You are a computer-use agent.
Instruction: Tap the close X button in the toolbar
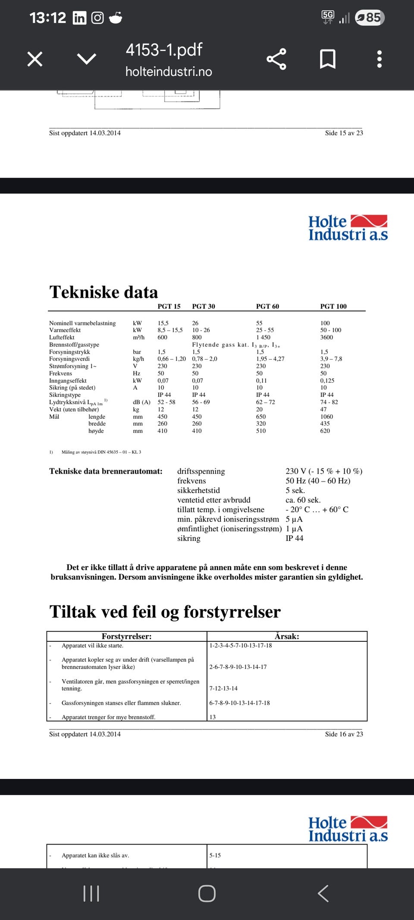coord(35,59)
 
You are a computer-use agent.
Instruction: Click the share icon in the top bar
coord(276,59)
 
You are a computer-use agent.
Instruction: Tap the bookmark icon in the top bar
coord(328,59)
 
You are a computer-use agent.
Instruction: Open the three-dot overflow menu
coord(379,59)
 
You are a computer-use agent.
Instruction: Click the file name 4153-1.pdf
coord(164,50)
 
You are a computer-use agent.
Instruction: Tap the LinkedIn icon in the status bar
coord(79,18)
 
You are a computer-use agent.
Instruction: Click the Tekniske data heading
coord(103,292)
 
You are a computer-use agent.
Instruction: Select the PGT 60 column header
coord(267,306)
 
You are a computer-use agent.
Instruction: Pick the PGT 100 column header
coord(333,306)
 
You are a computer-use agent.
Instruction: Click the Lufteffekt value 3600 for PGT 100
coord(326,337)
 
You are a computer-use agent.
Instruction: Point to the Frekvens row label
coord(60,374)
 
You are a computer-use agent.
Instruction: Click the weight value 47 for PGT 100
coord(323,409)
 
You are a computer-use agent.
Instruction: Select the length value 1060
coord(326,417)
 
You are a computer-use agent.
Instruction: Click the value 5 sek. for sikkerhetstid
coord(295,490)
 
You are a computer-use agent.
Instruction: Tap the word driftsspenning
coord(201,471)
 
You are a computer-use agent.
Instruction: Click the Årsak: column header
coord(287,636)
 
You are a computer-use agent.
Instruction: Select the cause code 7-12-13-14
coord(223,688)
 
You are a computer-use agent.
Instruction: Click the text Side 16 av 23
coord(344,734)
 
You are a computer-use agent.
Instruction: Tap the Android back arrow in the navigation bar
coord(323,893)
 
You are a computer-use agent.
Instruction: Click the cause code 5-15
coord(215,855)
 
